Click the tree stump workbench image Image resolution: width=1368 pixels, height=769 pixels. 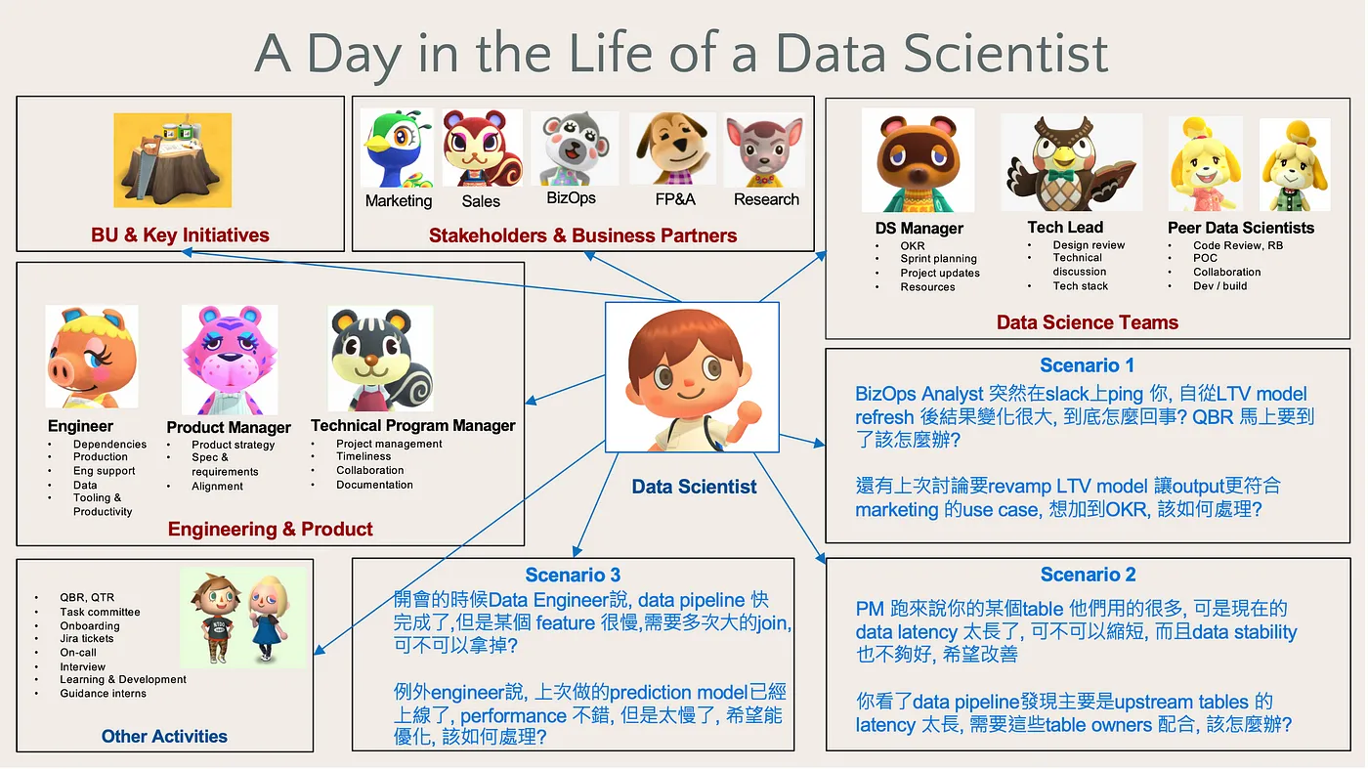172,160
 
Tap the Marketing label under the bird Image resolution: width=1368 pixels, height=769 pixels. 399,201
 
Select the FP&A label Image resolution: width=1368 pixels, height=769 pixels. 675,199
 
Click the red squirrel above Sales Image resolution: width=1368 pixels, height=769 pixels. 483,148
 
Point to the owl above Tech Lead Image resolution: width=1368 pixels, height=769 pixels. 1071,162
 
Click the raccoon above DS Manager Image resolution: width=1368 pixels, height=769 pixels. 918,160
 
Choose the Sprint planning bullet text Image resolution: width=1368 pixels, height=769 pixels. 938,258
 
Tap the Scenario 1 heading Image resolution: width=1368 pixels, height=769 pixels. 1087,365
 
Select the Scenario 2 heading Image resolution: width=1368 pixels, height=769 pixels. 1088,575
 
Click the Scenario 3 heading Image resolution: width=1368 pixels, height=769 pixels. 573,575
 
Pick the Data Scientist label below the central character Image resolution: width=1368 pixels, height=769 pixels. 694,487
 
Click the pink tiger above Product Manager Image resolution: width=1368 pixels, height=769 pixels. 230,360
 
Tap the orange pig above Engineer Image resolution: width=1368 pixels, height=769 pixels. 92,357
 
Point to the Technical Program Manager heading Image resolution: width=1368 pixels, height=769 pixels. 412,425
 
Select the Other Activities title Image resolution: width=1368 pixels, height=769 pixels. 164,736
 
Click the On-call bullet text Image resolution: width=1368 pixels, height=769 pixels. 78,653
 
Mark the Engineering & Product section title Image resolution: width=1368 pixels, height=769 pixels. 270,529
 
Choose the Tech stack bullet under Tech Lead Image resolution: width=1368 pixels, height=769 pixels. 1080,286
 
